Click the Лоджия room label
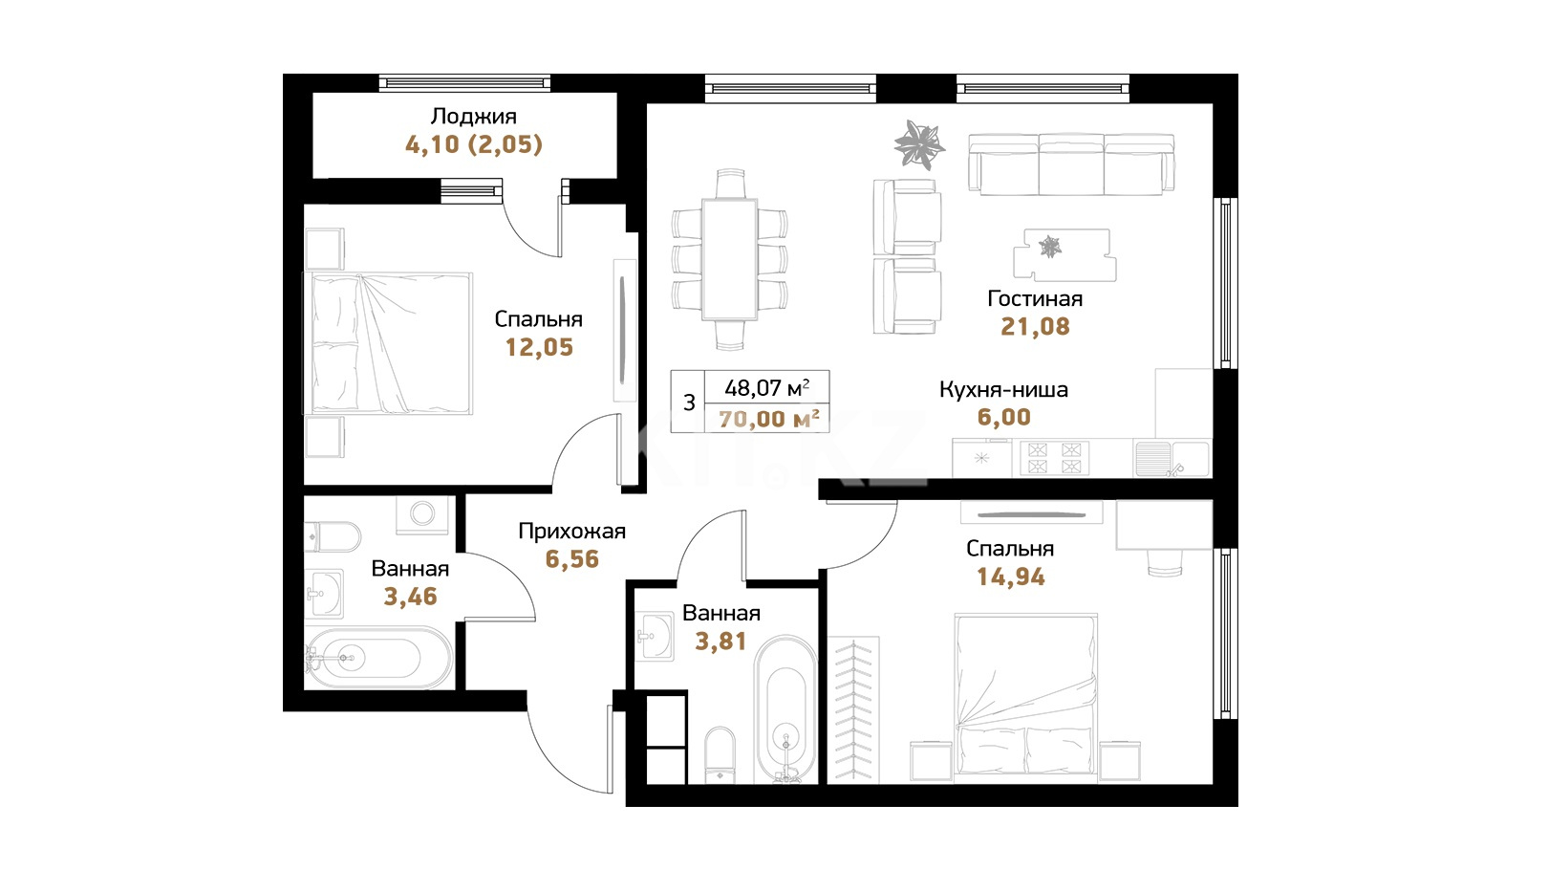pyautogui.click(x=473, y=117)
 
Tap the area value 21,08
pyautogui.click(x=1035, y=326)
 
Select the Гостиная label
pyautogui.click(x=1035, y=298)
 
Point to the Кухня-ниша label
pyautogui.click(x=1003, y=390)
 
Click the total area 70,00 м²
pyautogui.click(x=769, y=419)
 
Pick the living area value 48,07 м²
pyautogui.click(x=767, y=388)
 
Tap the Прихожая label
pyautogui.click(x=572, y=532)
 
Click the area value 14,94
pyautogui.click(x=1010, y=577)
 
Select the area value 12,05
pyautogui.click(x=539, y=347)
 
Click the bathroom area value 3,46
pyautogui.click(x=411, y=596)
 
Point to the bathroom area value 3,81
pyautogui.click(x=720, y=642)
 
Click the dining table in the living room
pyautogui.click(x=729, y=259)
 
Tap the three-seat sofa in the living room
pyautogui.click(x=1071, y=164)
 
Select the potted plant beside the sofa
pyautogui.click(x=919, y=144)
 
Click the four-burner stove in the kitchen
pyautogui.click(x=1054, y=458)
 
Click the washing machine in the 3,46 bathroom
pyautogui.click(x=421, y=515)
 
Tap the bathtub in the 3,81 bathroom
pyautogui.click(x=786, y=710)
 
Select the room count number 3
pyautogui.click(x=688, y=403)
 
